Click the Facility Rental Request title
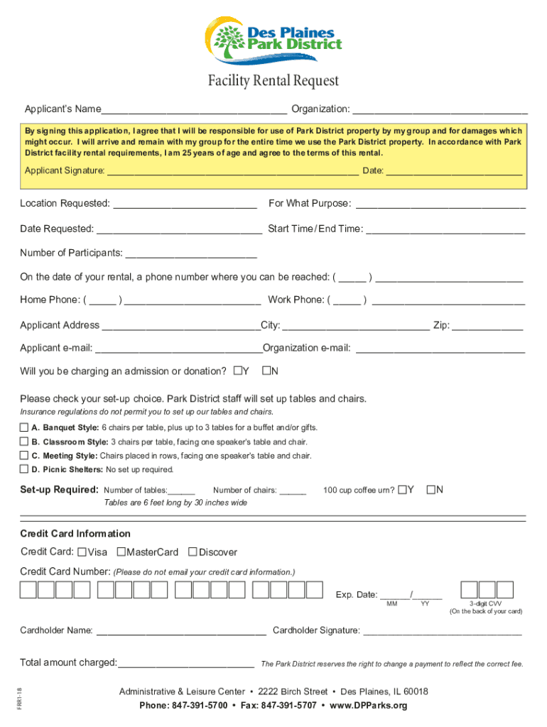click(273, 82)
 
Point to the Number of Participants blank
click(190, 253)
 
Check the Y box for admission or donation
click(238, 371)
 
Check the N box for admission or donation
click(267, 371)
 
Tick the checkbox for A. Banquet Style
click(24, 427)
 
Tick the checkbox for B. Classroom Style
click(24, 442)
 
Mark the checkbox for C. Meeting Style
click(24, 456)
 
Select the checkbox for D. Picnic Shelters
click(24, 469)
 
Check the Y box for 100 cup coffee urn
click(403, 489)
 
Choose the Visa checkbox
click(82, 552)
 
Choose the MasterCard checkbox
click(121, 552)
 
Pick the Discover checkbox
click(193, 552)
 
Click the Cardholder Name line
click(180, 630)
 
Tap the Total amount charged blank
click(186, 663)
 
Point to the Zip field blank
click(487, 325)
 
